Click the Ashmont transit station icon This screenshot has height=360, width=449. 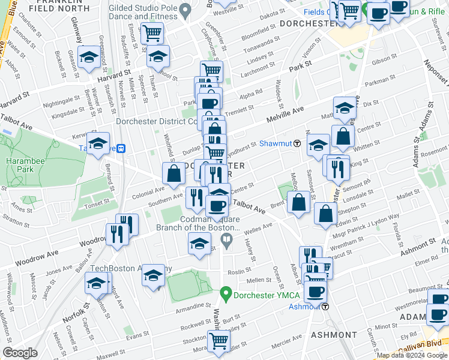click(x=325, y=307)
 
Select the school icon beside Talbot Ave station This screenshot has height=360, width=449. click(x=98, y=145)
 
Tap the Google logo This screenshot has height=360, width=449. click(x=20, y=353)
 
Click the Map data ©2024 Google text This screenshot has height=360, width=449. click(x=411, y=355)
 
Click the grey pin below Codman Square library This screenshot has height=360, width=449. click(x=226, y=241)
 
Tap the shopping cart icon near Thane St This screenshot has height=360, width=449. click(x=152, y=32)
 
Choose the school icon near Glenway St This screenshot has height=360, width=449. click(x=89, y=57)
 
